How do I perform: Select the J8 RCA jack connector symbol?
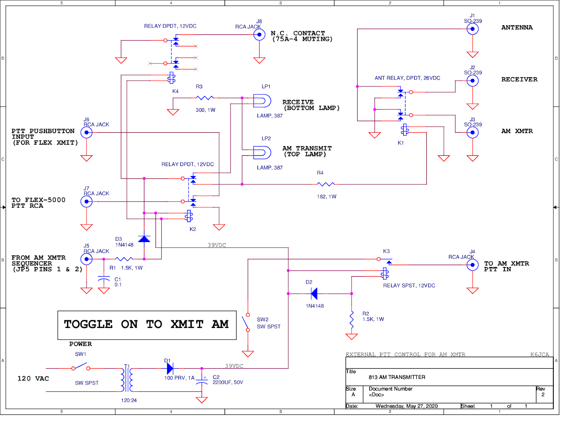click(x=259, y=35)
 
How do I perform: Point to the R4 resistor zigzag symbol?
click(x=325, y=184)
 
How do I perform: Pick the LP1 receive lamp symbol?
click(x=262, y=101)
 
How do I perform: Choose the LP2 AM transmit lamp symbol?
click(x=262, y=153)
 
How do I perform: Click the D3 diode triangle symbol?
click(x=144, y=239)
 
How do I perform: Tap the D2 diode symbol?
click(x=314, y=294)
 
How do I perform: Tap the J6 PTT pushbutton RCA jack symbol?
click(x=87, y=132)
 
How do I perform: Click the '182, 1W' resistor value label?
click(x=326, y=197)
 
